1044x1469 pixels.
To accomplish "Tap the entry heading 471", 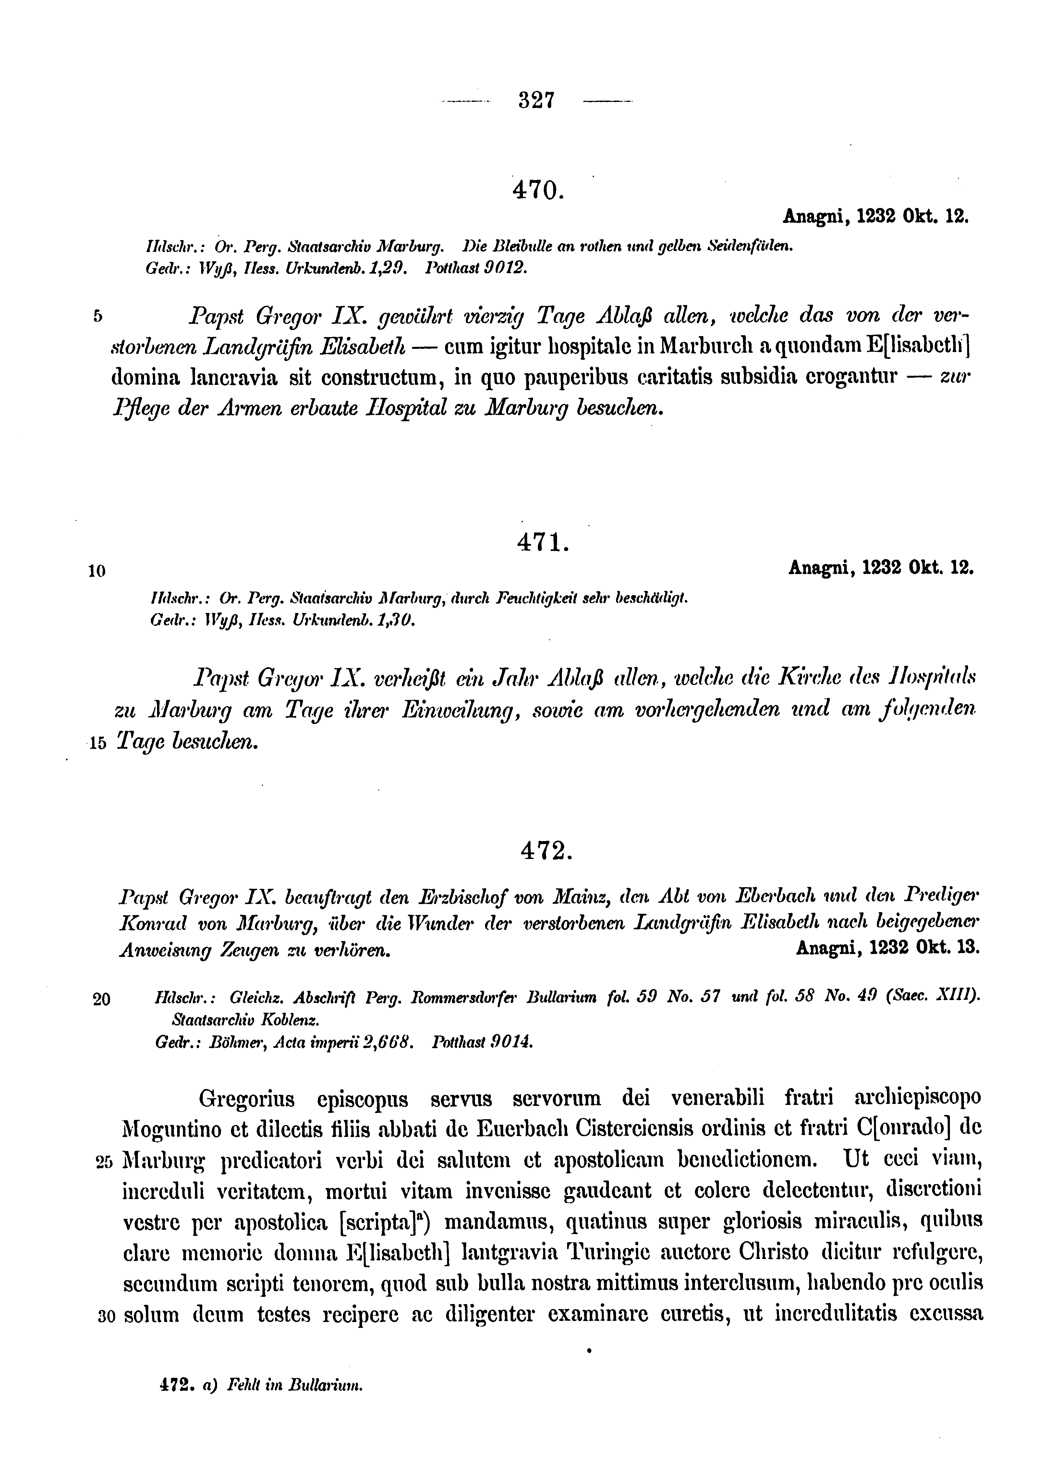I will pos(542,544).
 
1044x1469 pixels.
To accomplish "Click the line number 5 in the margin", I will pos(98,316).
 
